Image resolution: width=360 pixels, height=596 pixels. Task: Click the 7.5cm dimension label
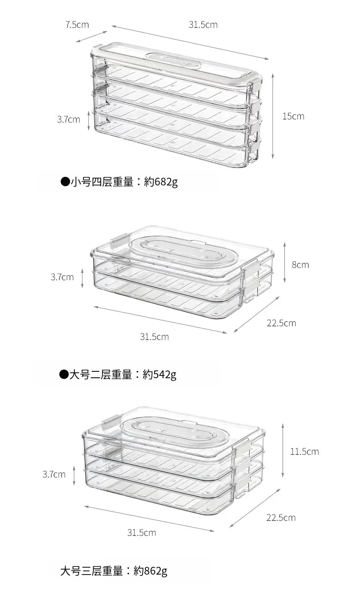(x=77, y=25)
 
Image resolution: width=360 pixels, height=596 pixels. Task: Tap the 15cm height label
(x=293, y=116)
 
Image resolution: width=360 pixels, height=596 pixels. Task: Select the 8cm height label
(x=300, y=265)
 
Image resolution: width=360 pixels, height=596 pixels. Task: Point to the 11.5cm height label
(x=304, y=452)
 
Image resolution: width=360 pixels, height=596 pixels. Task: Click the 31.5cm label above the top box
(x=203, y=25)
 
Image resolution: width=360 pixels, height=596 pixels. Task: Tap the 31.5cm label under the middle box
(x=154, y=337)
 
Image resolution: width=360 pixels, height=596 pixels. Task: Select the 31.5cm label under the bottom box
(x=141, y=532)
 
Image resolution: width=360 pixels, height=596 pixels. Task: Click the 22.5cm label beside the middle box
(x=281, y=323)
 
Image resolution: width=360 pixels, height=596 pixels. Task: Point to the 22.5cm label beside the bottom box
(x=281, y=518)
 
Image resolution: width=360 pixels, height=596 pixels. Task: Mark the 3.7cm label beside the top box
(x=68, y=119)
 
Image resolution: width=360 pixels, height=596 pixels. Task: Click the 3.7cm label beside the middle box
(x=62, y=277)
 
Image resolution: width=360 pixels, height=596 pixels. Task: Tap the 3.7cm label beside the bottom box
(x=54, y=474)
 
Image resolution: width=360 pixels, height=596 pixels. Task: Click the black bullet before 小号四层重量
(x=65, y=182)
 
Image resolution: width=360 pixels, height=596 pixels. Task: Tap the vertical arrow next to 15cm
(x=273, y=116)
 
